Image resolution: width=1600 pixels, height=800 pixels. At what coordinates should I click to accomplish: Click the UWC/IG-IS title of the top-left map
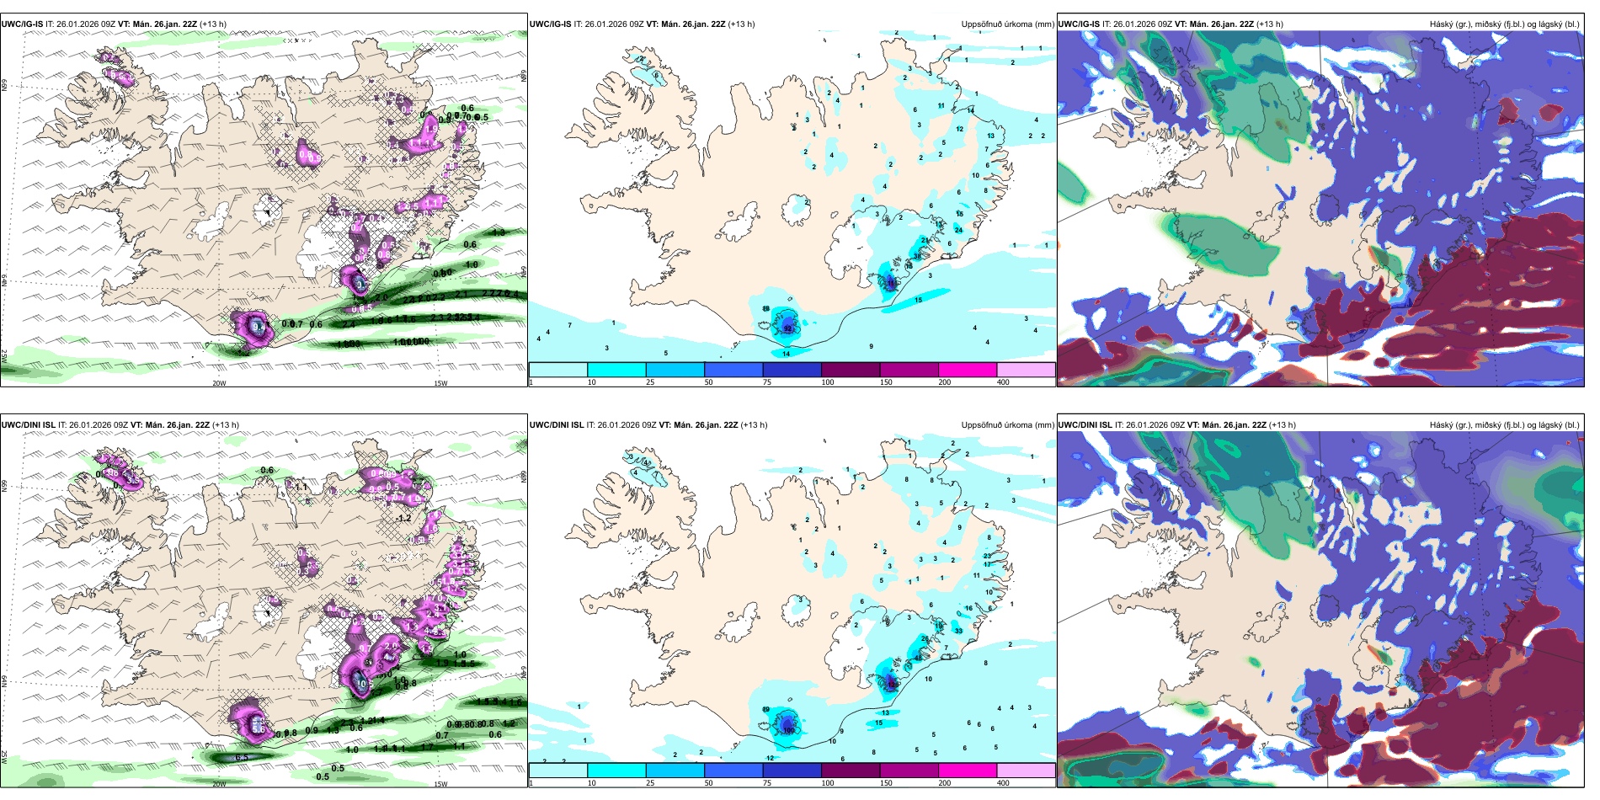[22, 24]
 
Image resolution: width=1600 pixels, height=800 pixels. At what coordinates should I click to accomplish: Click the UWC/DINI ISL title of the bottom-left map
[28, 425]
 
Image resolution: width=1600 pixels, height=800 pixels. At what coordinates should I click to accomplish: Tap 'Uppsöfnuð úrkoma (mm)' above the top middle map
[1007, 24]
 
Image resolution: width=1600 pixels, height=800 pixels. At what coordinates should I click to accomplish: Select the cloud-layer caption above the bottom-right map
[1504, 425]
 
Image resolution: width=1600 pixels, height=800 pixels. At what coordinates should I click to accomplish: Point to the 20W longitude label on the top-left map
[219, 383]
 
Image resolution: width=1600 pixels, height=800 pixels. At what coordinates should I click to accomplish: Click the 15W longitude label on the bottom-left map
[440, 784]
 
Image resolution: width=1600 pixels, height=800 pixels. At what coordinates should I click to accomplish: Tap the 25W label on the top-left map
[4, 355]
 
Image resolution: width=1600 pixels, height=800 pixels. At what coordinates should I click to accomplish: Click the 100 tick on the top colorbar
[828, 382]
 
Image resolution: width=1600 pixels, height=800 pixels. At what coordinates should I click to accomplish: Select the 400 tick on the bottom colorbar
[1003, 783]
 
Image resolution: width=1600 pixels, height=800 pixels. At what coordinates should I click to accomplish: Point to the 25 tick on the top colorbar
[650, 382]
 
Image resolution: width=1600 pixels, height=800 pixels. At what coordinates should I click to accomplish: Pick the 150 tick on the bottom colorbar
[886, 783]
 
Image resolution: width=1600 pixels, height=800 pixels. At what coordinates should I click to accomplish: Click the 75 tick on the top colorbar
[767, 382]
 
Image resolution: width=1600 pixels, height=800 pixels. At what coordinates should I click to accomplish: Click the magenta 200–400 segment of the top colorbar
[968, 370]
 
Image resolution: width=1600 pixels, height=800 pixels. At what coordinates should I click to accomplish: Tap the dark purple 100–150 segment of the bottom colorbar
[851, 771]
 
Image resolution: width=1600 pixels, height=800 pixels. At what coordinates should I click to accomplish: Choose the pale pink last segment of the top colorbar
[1026, 370]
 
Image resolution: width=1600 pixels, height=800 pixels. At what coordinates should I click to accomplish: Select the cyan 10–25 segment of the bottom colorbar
[616, 771]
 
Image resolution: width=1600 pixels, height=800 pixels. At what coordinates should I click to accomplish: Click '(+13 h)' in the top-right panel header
[1270, 24]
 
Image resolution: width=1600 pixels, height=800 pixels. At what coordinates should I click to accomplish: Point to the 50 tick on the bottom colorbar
[709, 783]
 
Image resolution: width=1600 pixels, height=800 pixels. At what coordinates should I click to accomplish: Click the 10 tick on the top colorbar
[591, 382]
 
